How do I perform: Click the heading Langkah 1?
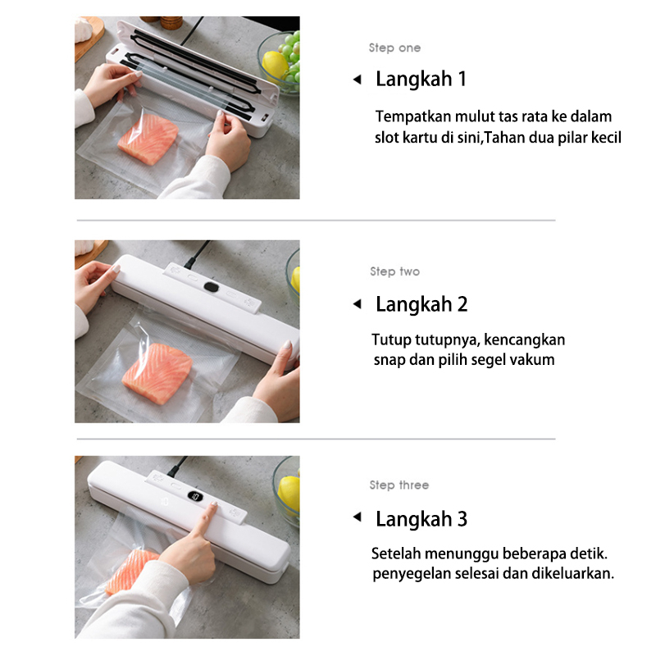click(421, 80)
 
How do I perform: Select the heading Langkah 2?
click(421, 304)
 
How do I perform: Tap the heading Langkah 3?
click(421, 519)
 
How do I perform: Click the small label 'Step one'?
click(394, 48)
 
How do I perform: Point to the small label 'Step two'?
click(394, 271)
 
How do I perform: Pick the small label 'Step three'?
click(399, 485)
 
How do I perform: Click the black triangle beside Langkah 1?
click(358, 79)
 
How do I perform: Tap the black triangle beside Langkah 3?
click(358, 517)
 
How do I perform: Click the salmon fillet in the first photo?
click(148, 138)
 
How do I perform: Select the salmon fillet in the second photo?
click(157, 373)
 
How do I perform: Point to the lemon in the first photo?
click(275, 65)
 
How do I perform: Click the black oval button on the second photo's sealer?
click(212, 287)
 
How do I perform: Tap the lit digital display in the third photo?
click(195, 497)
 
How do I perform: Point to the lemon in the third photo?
click(289, 494)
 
